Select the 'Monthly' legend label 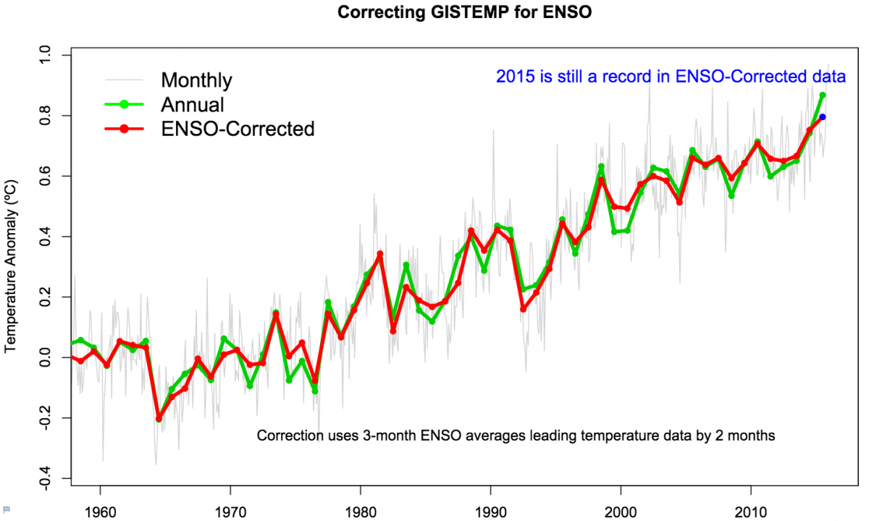click(196, 80)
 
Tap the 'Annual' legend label click(192, 104)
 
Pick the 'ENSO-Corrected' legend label click(238, 129)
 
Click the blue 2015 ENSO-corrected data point click(823, 117)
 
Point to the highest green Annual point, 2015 click(823, 95)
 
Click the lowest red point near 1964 click(159, 418)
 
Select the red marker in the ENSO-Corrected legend click(124, 129)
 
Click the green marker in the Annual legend click(124, 104)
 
